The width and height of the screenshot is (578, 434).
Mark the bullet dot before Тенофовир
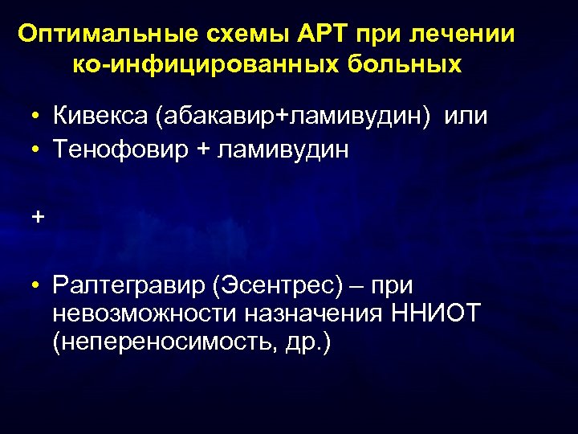[38, 150]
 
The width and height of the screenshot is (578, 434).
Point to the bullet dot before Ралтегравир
[38, 285]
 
